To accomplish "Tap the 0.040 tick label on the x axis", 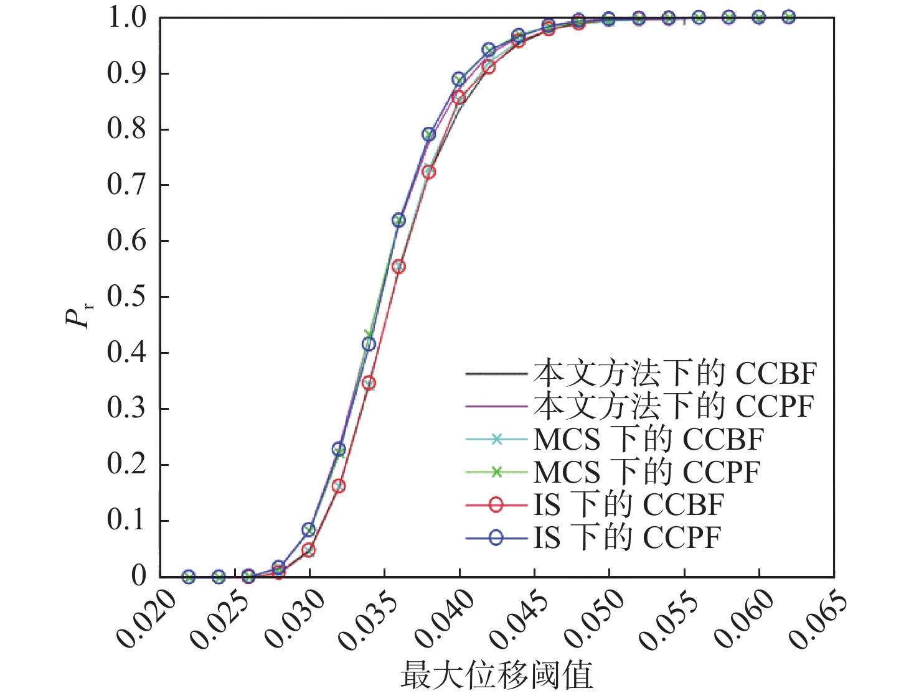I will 445,618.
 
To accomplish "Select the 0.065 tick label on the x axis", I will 818,618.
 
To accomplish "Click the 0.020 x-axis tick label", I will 146,618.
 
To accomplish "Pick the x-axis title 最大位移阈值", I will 496,675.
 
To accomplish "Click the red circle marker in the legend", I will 496,504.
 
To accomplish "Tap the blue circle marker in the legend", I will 496,537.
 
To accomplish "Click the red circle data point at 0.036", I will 398,267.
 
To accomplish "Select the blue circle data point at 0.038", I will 429,134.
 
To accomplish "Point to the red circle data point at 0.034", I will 369,383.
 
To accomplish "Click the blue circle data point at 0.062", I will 788,17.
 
